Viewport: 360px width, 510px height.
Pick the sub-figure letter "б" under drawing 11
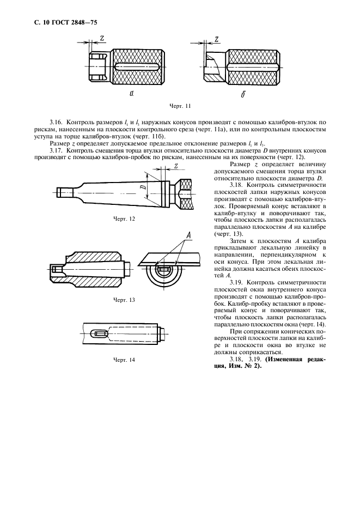[x=243, y=94]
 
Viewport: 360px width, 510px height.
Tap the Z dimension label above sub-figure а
[x=102, y=38]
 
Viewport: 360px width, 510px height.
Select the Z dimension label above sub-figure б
[x=217, y=39]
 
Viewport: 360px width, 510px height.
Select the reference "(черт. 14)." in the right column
[x=310, y=324]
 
